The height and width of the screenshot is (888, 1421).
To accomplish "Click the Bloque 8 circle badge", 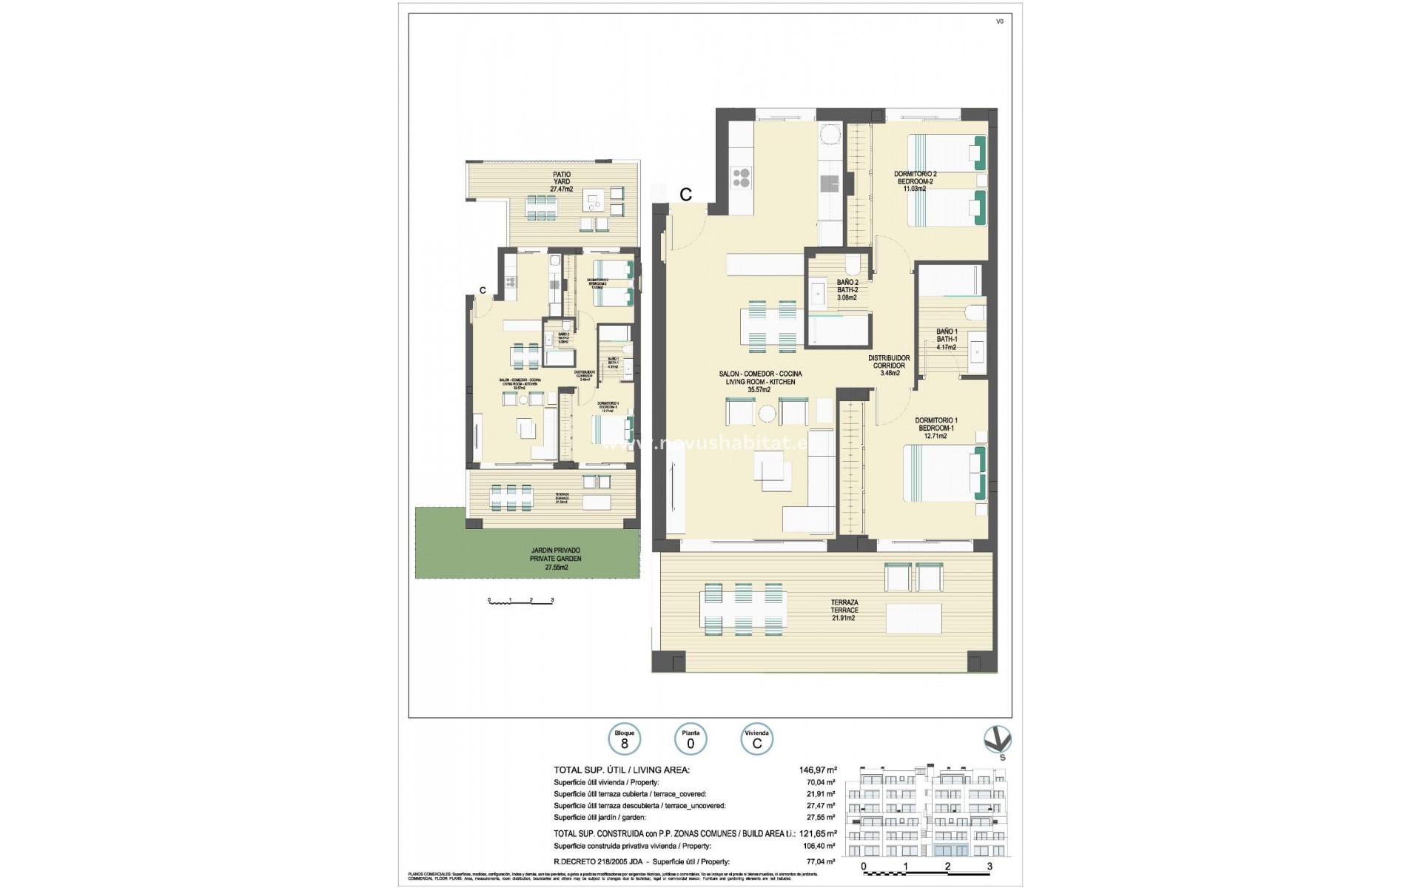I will pos(625,739).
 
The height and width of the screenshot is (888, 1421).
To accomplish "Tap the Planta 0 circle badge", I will pos(691,739).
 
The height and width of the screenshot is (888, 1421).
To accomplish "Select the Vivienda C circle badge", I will pos(756,739).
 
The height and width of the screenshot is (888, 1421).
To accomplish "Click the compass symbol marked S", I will pos(998,740).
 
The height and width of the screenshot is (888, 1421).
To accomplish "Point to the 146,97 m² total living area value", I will pos(812,770).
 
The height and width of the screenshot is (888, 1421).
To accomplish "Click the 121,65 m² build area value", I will pos(812,833).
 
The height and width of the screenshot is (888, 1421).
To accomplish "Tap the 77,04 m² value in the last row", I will pos(821,861).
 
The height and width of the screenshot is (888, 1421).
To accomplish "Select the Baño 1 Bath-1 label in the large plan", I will pos(947,339).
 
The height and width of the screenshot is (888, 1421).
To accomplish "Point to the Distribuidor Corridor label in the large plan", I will pos(889,366).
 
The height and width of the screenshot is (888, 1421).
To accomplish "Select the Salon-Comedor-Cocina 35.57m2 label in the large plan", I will pos(760,382).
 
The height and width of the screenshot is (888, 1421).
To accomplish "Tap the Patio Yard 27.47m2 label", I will pos(561,182).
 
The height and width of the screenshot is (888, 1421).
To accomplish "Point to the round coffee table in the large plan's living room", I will pos(766,414).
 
